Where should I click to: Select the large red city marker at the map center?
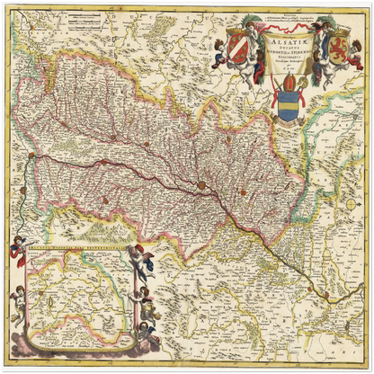pos(201,186)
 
